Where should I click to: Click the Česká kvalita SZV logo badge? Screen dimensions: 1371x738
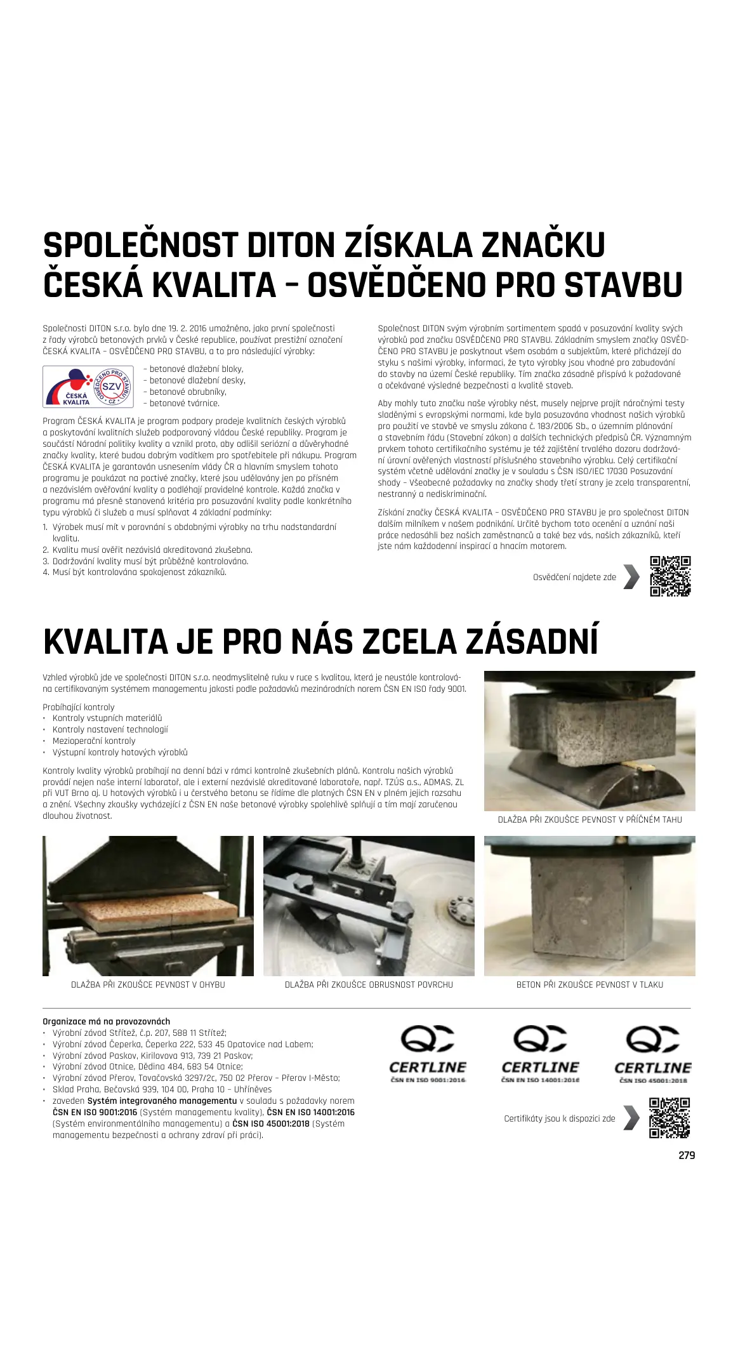[x=88, y=387]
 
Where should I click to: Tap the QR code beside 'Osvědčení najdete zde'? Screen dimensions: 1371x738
[x=670, y=576]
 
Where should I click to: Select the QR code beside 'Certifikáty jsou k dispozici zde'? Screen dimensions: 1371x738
[x=669, y=1118]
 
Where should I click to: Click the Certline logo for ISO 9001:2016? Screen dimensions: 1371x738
[x=428, y=1054]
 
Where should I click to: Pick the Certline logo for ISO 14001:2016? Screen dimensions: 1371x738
[x=540, y=1054]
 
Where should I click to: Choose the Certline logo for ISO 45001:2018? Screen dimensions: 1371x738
[x=652, y=1054]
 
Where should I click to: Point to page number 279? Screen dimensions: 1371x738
[x=687, y=1155]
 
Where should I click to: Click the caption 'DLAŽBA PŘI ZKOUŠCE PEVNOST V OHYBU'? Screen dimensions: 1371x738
[x=148, y=984]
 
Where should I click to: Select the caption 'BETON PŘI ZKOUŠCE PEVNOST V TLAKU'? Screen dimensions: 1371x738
[x=590, y=984]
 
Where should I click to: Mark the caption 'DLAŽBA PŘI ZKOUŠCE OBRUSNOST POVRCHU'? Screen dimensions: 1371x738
[x=369, y=984]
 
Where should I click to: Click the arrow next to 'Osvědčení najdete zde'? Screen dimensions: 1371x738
[x=631, y=576]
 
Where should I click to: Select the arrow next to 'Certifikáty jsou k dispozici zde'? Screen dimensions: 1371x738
[x=631, y=1118]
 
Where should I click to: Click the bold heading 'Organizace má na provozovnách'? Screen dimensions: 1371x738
[x=106, y=1021]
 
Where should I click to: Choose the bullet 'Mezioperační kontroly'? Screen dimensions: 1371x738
[x=94, y=741]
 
